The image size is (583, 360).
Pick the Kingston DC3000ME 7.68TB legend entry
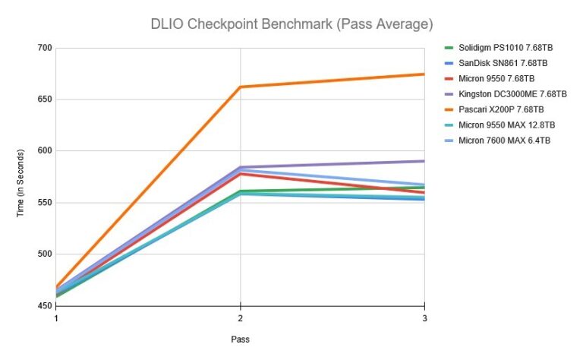coord(512,94)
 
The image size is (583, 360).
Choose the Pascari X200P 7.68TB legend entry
coord(500,109)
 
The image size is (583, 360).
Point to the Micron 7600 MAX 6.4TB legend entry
coord(504,141)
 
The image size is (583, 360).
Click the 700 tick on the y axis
coord(43,48)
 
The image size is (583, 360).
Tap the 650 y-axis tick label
coord(43,99)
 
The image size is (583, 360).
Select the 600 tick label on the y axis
coord(43,151)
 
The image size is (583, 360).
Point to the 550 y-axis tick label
coord(43,203)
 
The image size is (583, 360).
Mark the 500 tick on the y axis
coord(43,254)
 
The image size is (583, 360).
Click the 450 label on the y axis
coord(43,306)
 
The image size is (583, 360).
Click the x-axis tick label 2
coord(240,319)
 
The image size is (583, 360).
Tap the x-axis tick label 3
coord(424,319)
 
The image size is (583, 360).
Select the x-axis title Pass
coord(240,339)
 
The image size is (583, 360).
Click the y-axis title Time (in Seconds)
coord(21,177)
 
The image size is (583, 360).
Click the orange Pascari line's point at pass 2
coord(241,87)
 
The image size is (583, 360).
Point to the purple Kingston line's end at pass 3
coord(424,161)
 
